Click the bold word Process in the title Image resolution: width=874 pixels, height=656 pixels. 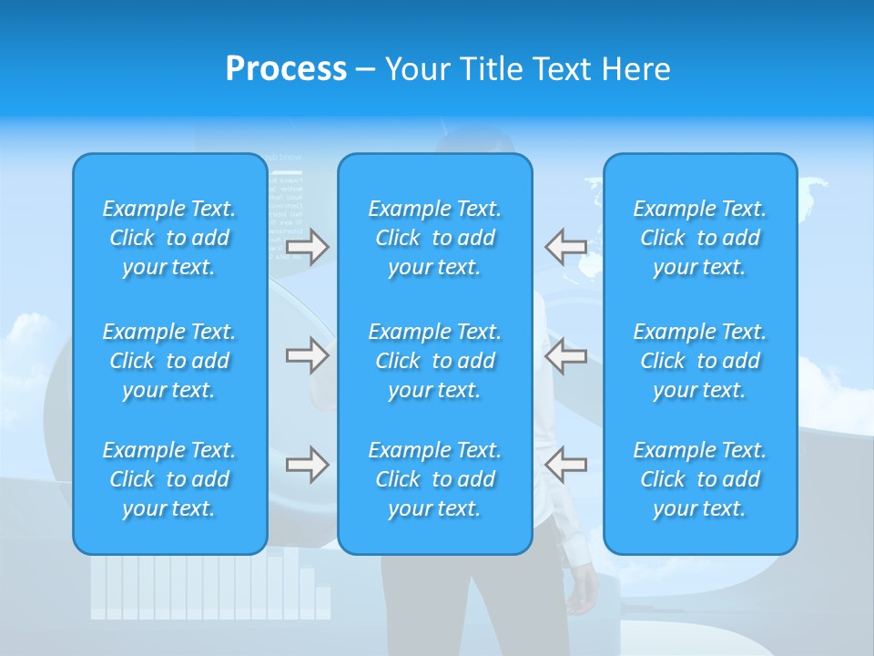[x=286, y=69]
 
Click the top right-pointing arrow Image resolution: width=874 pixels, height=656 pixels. [x=307, y=247]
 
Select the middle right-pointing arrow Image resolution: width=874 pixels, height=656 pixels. [x=307, y=354]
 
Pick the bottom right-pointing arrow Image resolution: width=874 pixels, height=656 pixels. [x=307, y=465]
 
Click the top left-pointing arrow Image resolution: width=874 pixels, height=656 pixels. [x=565, y=247]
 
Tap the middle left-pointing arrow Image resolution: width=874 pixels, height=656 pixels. [x=565, y=354]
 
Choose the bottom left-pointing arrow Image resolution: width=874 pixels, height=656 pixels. [x=565, y=465]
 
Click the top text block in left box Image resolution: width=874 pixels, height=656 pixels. [x=169, y=238]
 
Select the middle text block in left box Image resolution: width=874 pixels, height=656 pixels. [x=169, y=361]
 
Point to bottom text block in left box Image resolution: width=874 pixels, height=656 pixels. [x=169, y=479]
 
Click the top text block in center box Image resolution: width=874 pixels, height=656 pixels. [x=434, y=238]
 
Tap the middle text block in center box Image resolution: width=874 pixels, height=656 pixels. [x=434, y=361]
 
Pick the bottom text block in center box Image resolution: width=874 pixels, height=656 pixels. [x=434, y=479]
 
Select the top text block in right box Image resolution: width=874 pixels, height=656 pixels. [x=700, y=238]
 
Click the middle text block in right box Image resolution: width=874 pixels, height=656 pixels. [x=700, y=361]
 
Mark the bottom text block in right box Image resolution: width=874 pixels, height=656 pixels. [x=700, y=479]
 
